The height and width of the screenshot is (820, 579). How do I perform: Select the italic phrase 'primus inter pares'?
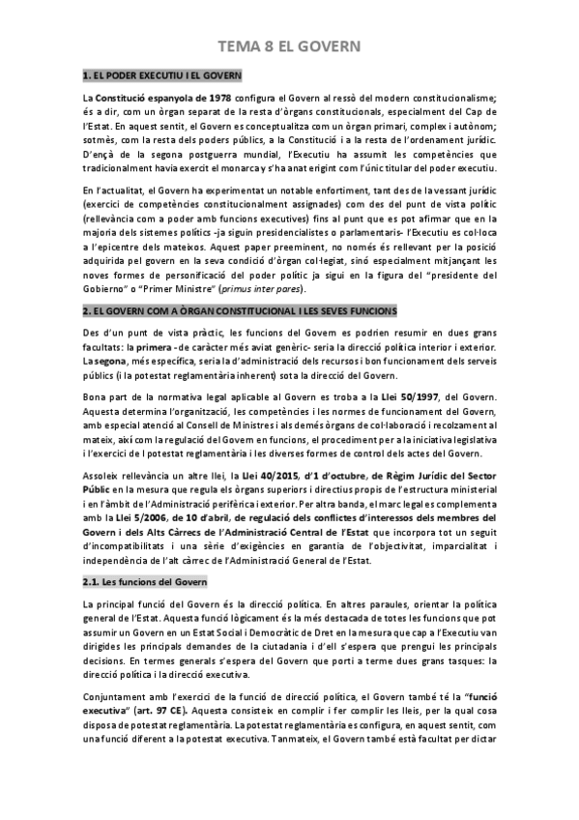[x=264, y=290]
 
